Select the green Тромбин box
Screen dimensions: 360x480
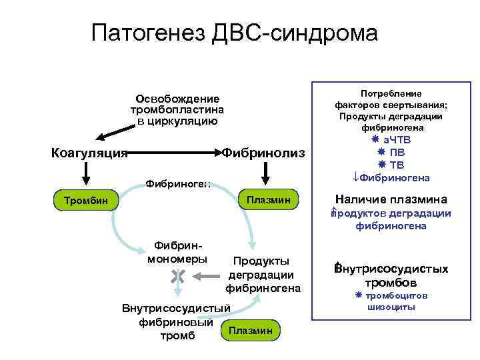(x=86, y=199)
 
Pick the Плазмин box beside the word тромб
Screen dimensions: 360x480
(x=250, y=330)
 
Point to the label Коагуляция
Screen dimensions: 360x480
(x=89, y=153)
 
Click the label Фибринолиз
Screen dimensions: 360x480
(x=263, y=153)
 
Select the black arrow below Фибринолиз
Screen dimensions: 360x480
(x=265, y=175)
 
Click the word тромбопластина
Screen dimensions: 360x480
(x=177, y=110)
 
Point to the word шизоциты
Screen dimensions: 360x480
(x=391, y=307)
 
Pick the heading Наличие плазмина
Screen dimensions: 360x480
(x=391, y=199)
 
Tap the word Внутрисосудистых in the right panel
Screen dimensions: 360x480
(x=391, y=269)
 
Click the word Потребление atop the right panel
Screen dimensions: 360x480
(x=391, y=94)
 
